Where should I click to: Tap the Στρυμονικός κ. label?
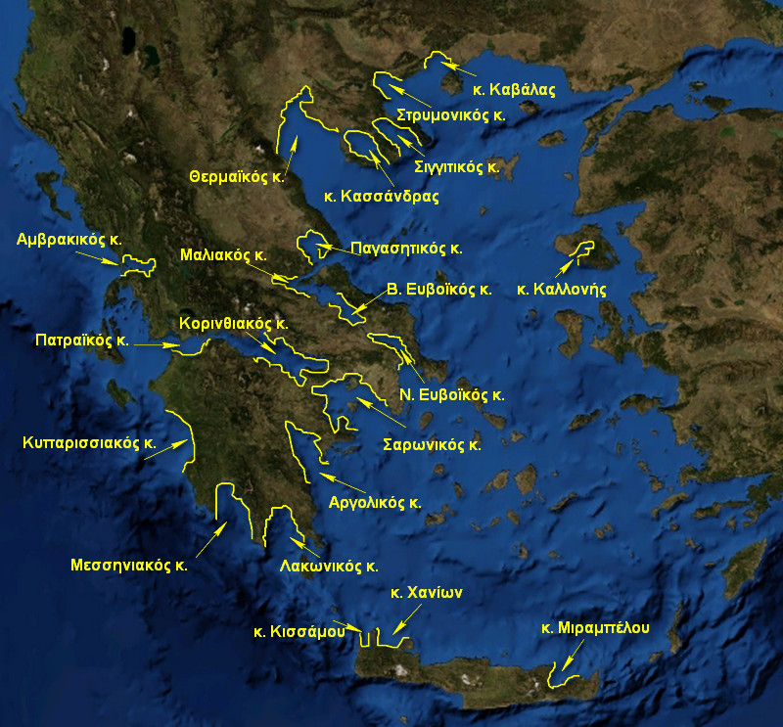[451, 114]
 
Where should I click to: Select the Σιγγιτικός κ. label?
[456, 166]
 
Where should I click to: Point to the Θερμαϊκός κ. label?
[237, 177]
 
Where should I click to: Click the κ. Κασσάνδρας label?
[381, 196]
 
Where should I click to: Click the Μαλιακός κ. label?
[223, 254]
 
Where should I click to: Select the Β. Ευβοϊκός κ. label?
[438, 290]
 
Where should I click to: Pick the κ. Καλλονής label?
[563, 290]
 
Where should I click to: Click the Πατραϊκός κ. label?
[82, 342]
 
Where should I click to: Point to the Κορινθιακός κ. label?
[233, 322]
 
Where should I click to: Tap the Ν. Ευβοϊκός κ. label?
[451, 395]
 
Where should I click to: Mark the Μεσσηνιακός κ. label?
[128, 565]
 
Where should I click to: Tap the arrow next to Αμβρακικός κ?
[98, 255]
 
